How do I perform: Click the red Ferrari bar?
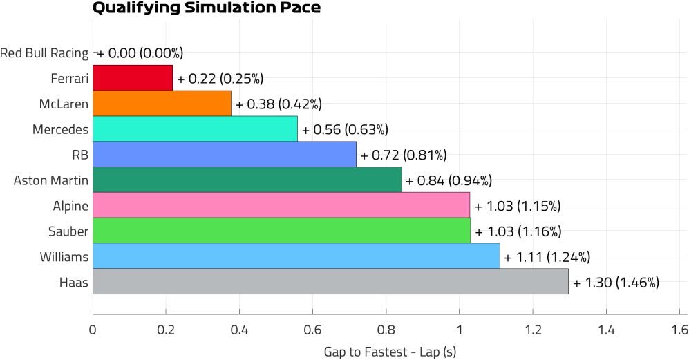tap(133, 78)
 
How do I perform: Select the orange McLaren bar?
tap(162, 104)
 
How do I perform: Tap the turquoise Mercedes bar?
tap(195, 129)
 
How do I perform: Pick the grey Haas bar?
tap(330, 282)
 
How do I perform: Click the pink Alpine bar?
tap(281, 205)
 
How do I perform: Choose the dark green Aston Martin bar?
tap(247, 180)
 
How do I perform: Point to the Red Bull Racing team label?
tap(44, 53)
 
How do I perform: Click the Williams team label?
tap(65, 257)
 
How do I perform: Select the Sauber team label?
tap(68, 231)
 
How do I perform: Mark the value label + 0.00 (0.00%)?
tap(140, 53)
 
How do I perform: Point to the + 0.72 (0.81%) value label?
tap(404, 155)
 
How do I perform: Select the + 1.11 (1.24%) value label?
tap(547, 257)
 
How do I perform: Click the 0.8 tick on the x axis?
tap(386, 329)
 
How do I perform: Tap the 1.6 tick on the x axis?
tap(679, 329)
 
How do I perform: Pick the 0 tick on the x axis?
tap(93, 329)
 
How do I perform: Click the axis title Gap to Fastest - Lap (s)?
tap(390, 351)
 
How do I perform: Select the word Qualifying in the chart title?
tap(129, 9)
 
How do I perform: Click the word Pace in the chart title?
tap(302, 9)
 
